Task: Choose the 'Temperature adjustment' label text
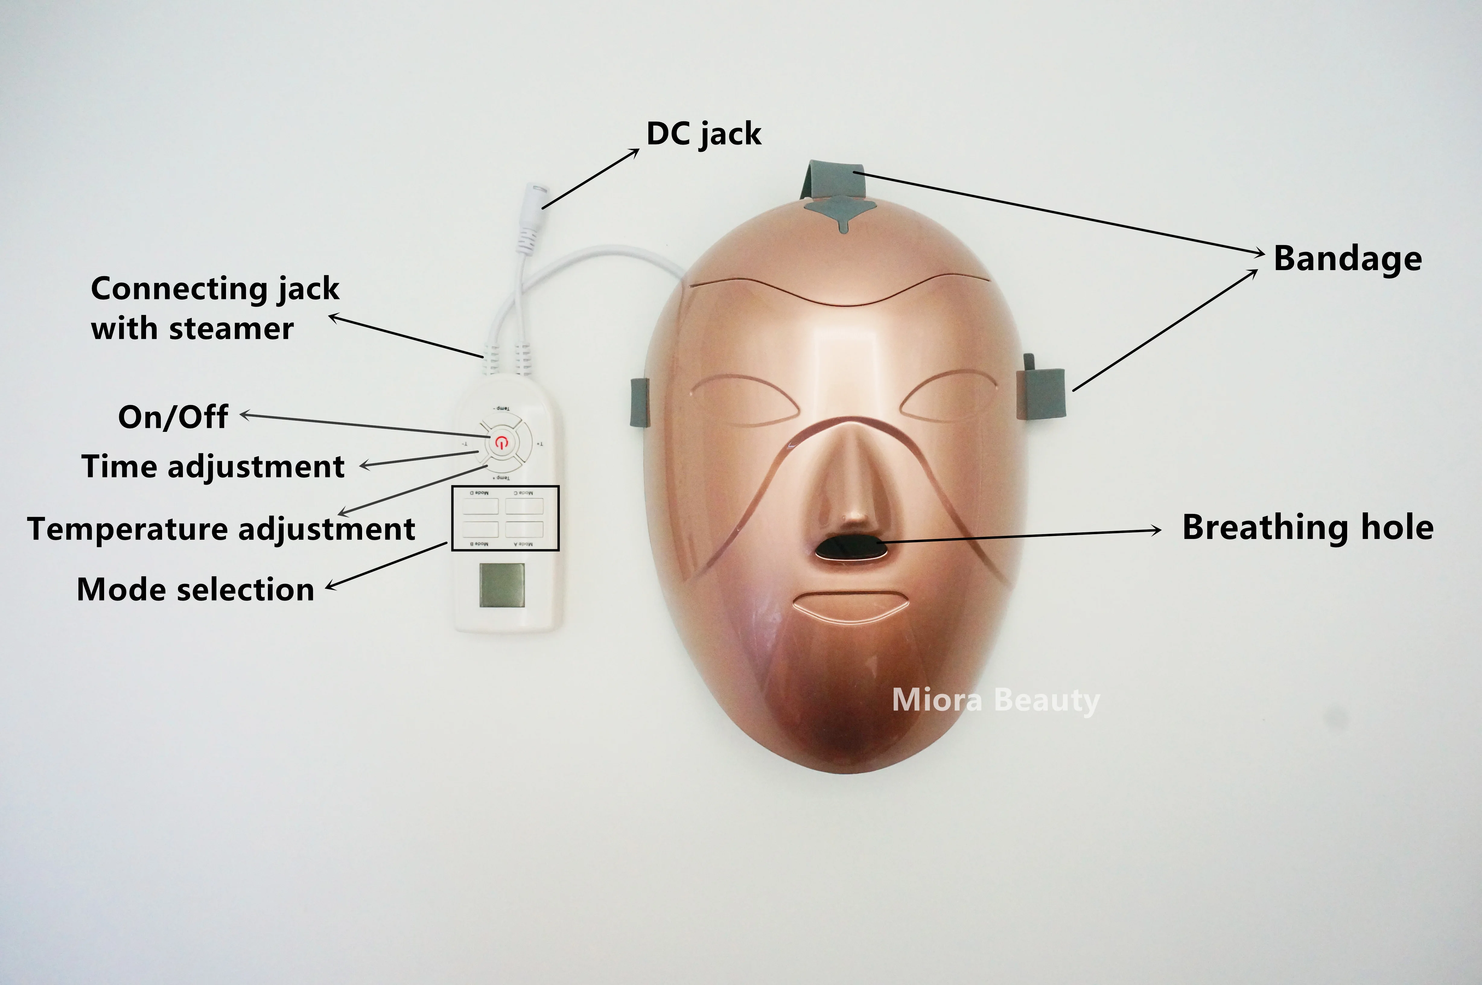[x=221, y=528]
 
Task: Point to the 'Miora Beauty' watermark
[x=995, y=700]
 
